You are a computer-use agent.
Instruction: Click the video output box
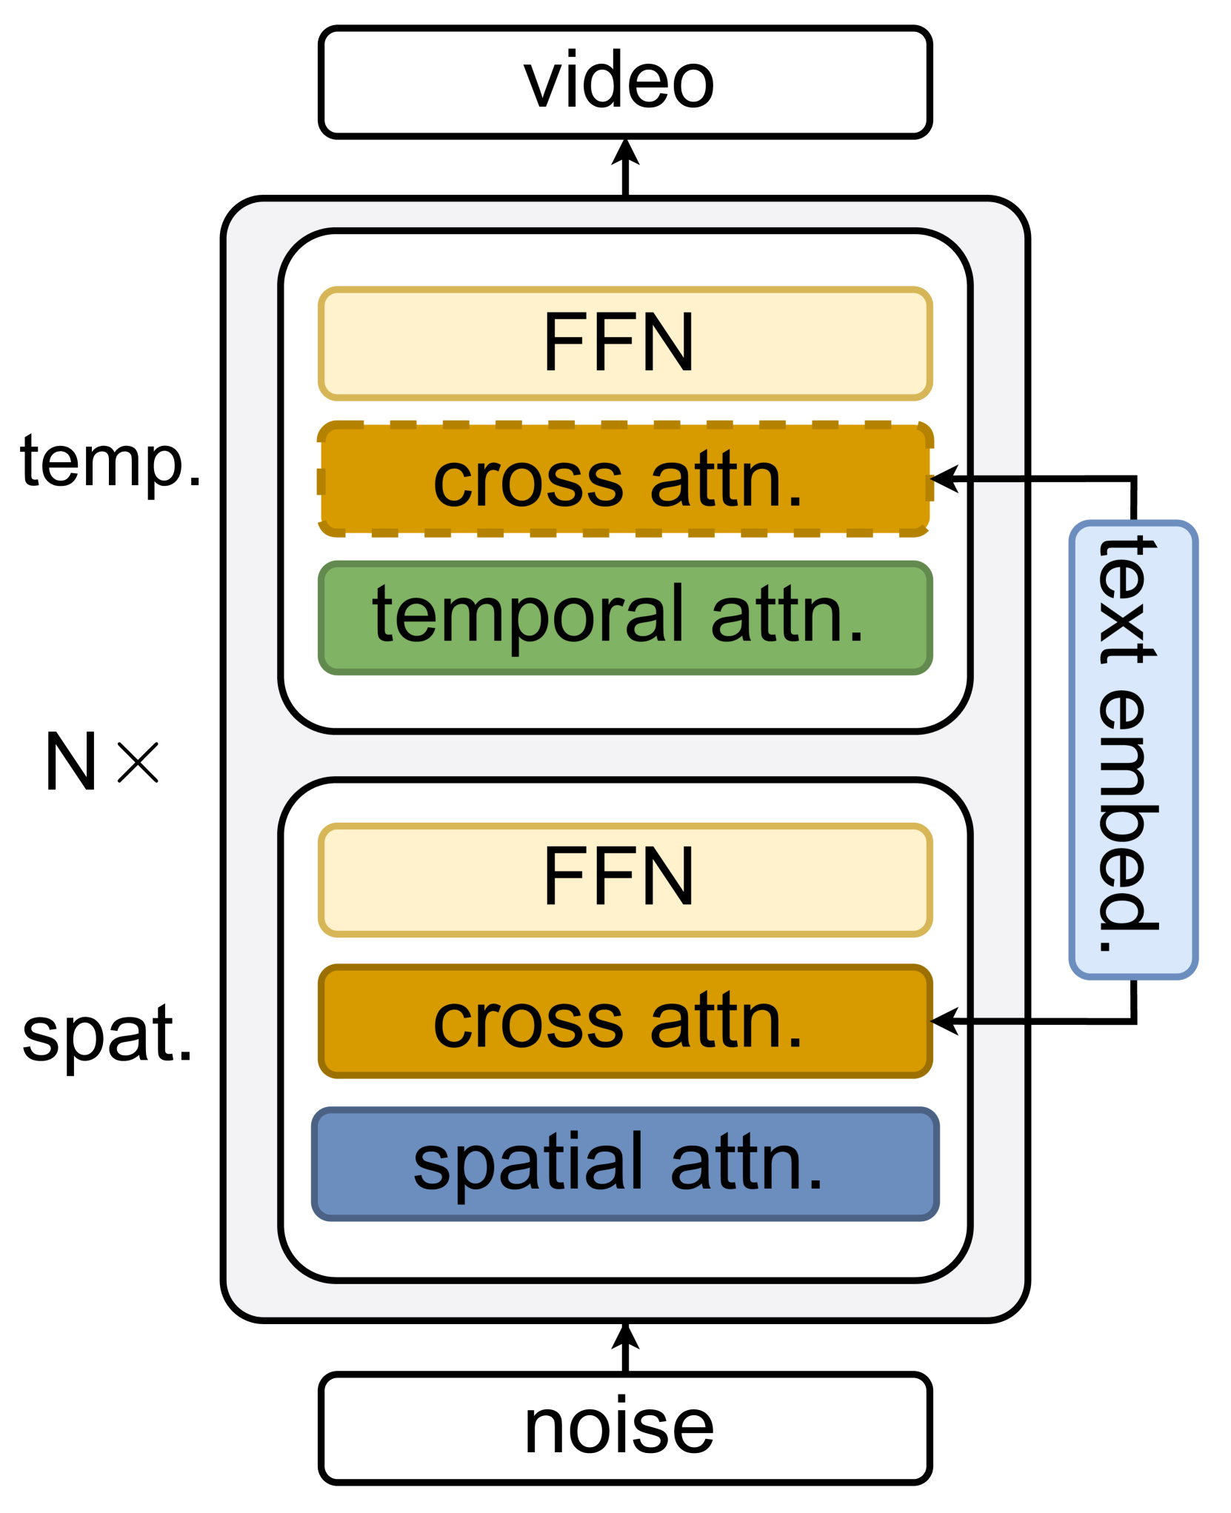[x=624, y=82]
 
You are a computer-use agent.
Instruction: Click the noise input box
[x=624, y=1428]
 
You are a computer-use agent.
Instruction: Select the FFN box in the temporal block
[x=624, y=344]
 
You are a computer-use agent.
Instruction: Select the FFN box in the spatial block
[x=624, y=879]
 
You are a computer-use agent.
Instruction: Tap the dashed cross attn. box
[x=624, y=480]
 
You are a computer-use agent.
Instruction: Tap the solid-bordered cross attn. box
[x=624, y=1021]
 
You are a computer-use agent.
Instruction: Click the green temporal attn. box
[x=624, y=617]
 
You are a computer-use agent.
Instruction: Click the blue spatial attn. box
[x=624, y=1163]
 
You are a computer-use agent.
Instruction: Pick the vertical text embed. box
[x=1132, y=749]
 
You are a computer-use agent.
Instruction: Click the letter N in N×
[x=71, y=761]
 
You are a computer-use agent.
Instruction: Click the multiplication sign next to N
[x=138, y=762]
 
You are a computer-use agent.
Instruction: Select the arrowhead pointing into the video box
[x=625, y=151]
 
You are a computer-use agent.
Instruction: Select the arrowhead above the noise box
[x=625, y=1336]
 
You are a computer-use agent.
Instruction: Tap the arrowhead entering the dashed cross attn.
[x=944, y=479]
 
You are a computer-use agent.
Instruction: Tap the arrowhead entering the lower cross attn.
[x=944, y=1021]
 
